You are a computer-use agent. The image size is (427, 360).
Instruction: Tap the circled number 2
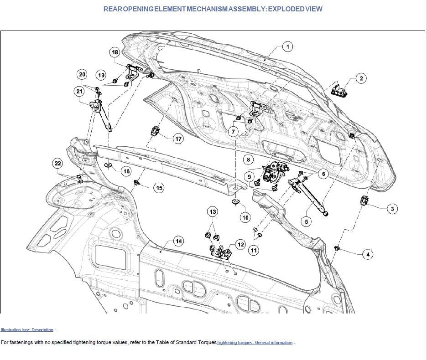(x=361, y=79)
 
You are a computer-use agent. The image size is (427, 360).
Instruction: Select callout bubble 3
(x=391, y=209)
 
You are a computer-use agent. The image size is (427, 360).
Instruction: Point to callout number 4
(x=368, y=254)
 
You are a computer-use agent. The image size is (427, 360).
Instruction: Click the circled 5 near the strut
(x=306, y=221)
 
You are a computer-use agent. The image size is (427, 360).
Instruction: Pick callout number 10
(x=245, y=217)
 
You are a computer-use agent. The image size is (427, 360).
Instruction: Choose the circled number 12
(x=240, y=245)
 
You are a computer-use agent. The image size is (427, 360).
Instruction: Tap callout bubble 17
(x=178, y=139)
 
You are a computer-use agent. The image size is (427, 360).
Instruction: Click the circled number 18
(x=115, y=52)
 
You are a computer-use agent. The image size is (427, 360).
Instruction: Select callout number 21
(x=79, y=92)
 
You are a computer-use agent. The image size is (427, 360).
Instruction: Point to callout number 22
(x=57, y=163)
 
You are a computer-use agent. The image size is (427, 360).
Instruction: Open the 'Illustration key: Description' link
(x=27, y=330)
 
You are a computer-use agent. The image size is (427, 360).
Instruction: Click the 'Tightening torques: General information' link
(x=255, y=343)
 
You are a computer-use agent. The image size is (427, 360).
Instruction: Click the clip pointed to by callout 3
(x=365, y=200)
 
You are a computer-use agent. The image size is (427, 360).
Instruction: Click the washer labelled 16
(x=108, y=164)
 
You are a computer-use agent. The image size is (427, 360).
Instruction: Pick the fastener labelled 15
(x=136, y=183)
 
